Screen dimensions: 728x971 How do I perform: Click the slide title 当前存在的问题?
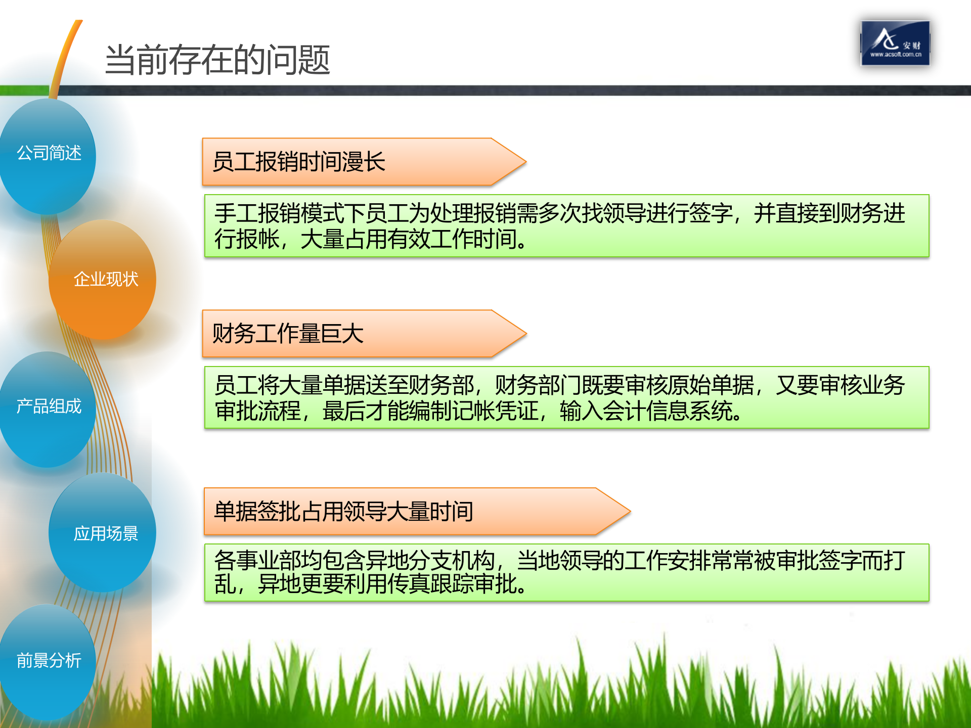click(x=217, y=60)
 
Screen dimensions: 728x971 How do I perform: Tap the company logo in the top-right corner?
click(x=895, y=43)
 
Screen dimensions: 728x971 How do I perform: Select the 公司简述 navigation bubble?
click(x=49, y=153)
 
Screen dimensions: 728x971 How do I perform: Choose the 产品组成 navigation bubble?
click(x=49, y=406)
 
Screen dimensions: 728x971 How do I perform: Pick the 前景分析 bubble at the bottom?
click(x=49, y=660)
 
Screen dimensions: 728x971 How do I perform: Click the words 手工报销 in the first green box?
click(x=257, y=213)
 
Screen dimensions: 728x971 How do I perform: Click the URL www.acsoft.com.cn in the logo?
click(x=896, y=55)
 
